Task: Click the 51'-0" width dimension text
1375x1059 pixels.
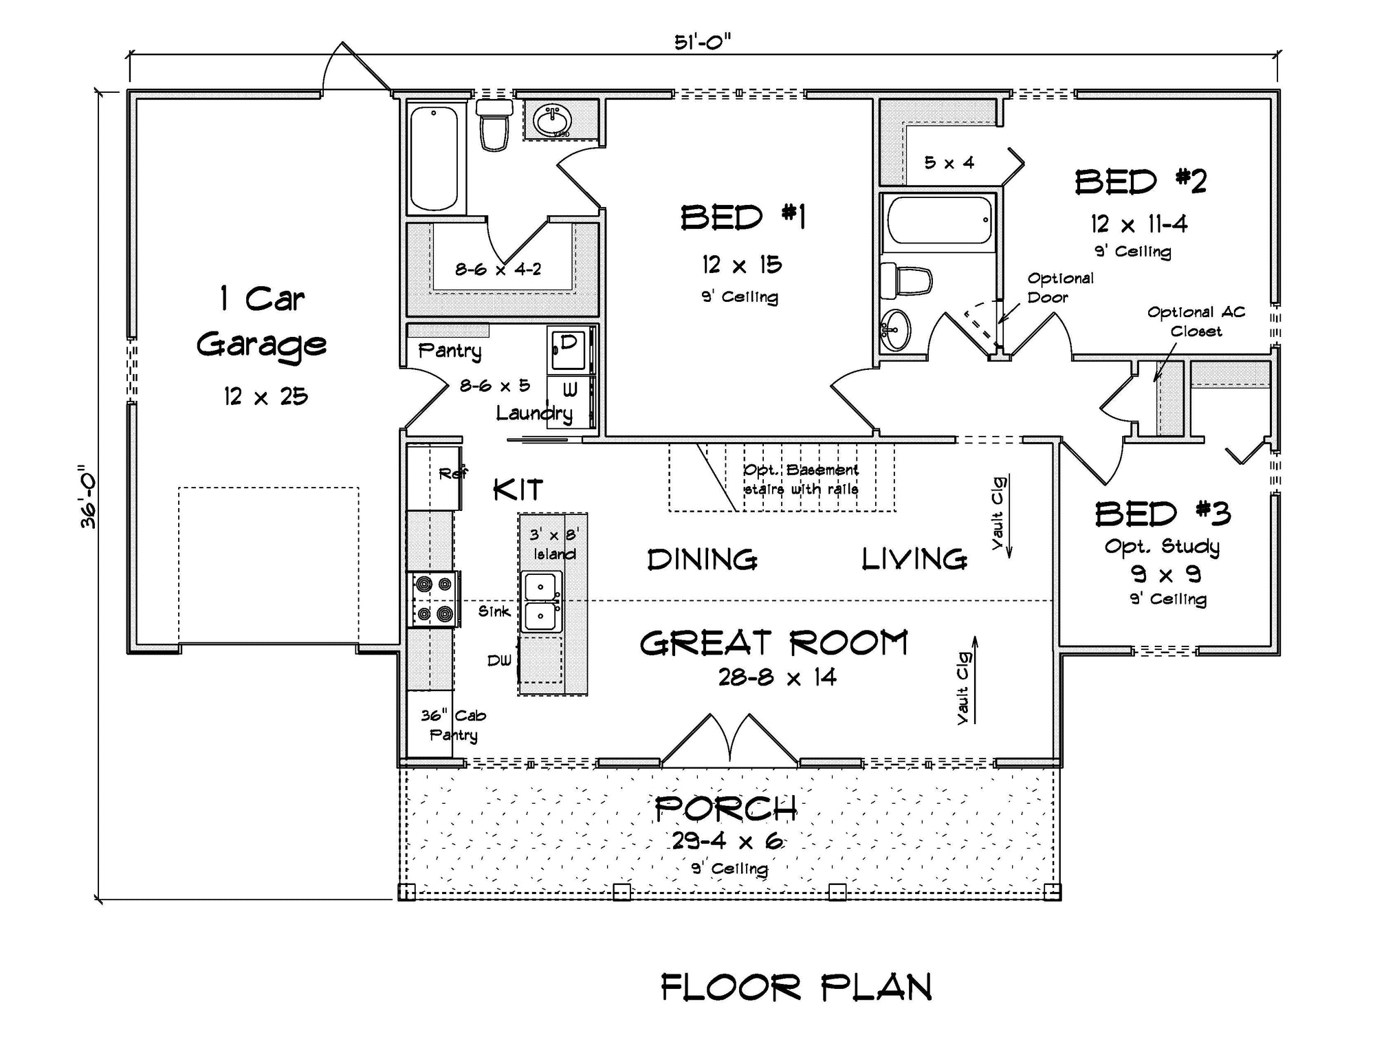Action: coord(702,43)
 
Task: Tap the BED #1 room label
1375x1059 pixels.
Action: coord(742,218)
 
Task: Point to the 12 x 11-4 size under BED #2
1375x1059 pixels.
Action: coord(1138,224)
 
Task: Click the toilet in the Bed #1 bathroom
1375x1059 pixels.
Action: coord(494,126)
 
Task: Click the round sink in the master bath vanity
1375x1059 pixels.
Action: coord(552,121)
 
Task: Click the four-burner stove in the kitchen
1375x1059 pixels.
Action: coord(434,599)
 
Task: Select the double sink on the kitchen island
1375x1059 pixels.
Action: coord(541,602)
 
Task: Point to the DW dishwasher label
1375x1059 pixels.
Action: coord(500,661)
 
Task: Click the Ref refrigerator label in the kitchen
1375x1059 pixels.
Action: coord(452,473)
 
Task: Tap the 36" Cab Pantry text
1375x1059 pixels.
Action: coord(453,725)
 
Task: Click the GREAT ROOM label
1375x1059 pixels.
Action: coord(774,644)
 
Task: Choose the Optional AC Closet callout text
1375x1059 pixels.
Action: coord(1196,321)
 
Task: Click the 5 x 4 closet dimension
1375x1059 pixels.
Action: coord(949,163)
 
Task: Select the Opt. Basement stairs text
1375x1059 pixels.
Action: coord(801,479)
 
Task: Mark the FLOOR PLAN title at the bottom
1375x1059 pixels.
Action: coord(796,987)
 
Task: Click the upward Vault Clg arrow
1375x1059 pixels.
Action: coord(974,681)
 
